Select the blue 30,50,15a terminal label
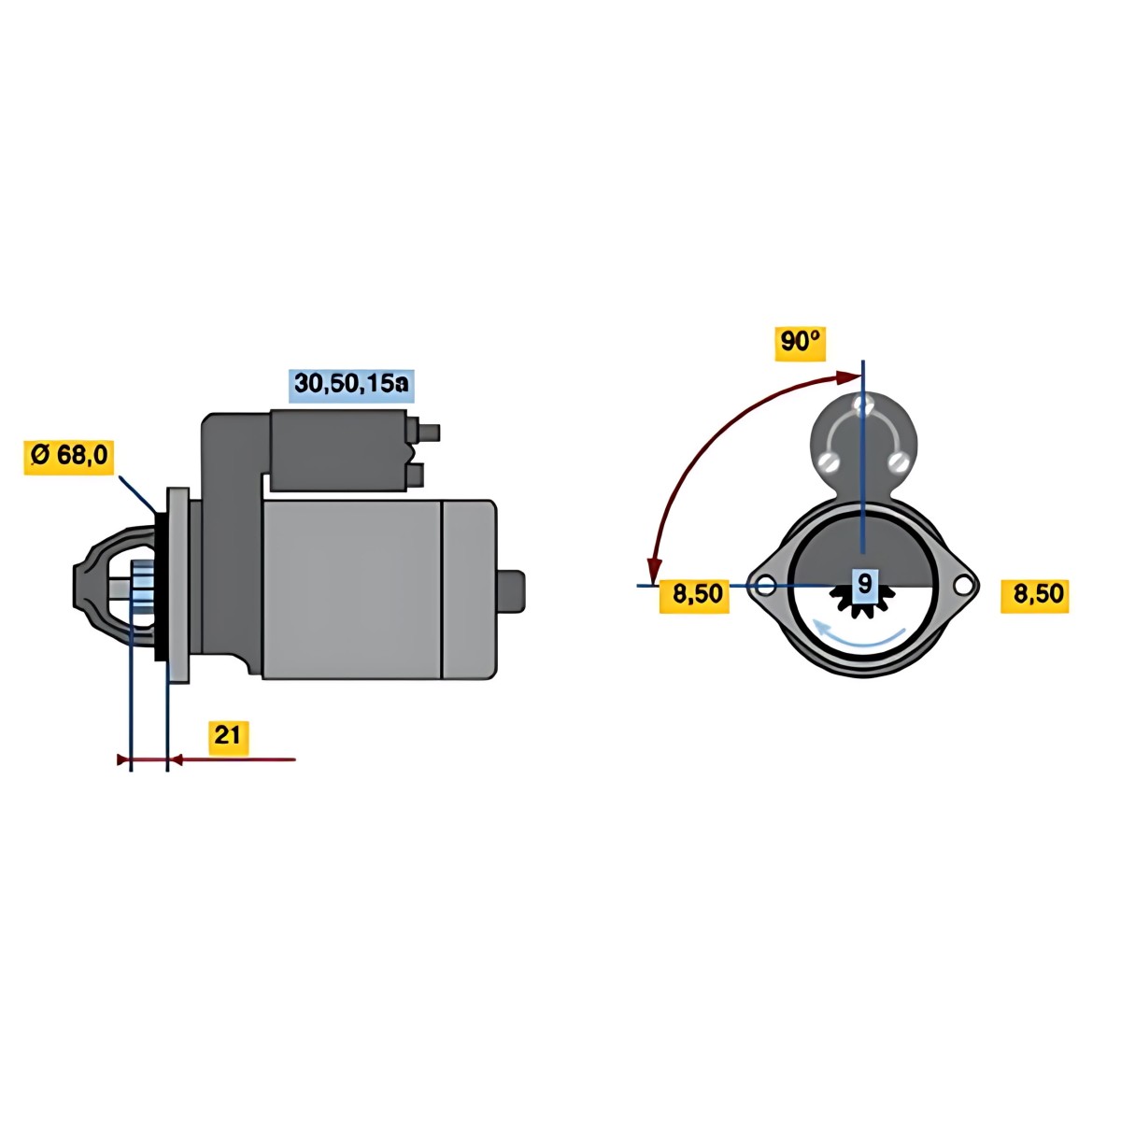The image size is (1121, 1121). coord(352,385)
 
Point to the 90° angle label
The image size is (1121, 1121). coord(801,344)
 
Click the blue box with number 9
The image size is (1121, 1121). coord(865,582)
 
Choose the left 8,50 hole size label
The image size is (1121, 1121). coord(694,594)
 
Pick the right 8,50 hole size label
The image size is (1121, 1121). coord(1035,594)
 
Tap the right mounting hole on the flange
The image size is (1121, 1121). coord(964,584)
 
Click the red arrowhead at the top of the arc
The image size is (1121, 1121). coord(848,378)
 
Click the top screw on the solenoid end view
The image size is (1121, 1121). coord(863,404)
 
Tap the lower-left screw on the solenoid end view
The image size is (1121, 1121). coord(828,462)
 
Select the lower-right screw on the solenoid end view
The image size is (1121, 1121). coord(898,462)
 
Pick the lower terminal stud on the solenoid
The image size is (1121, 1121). coord(416,475)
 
